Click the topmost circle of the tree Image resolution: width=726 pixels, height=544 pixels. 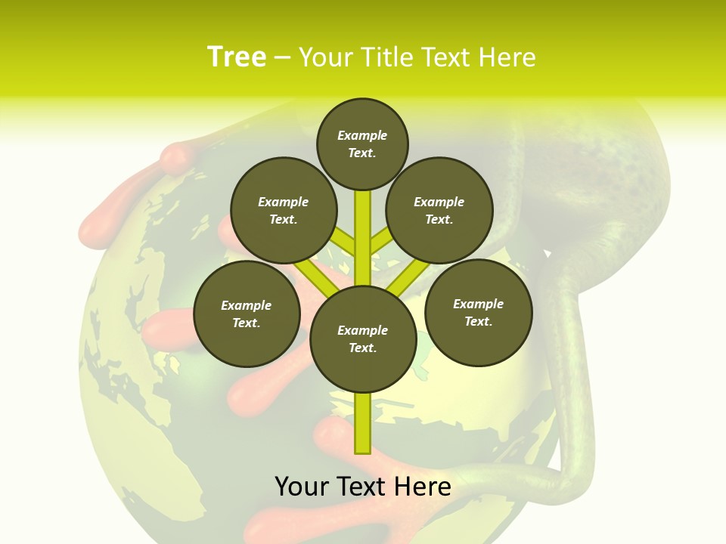[x=362, y=144]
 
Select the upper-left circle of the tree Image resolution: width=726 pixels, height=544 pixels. [x=283, y=210]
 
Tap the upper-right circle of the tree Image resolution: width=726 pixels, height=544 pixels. [x=439, y=210]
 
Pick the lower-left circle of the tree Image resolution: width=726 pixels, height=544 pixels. [x=247, y=314]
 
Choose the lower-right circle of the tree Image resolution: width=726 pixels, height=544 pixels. [x=478, y=312]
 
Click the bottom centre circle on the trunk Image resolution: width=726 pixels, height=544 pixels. [x=363, y=338]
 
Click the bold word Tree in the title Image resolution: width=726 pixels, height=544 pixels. [x=237, y=57]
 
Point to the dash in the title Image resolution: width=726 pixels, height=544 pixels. [x=282, y=57]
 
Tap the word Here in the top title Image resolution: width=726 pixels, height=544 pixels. [x=507, y=57]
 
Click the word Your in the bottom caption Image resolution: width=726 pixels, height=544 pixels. [x=301, y=487]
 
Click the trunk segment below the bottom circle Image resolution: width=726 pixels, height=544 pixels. [x=363, y=423]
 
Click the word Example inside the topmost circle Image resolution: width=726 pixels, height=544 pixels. [x=362, y=135]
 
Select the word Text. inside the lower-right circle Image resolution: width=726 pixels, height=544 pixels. [x=478, y=321]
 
